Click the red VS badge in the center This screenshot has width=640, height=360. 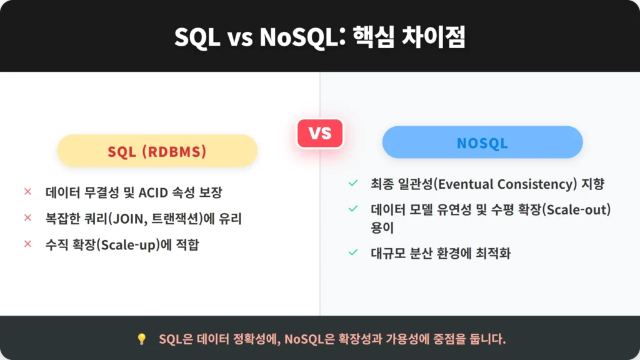pyautogui.click(x=320, y=133)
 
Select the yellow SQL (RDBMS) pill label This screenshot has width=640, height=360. pyautogui.click(x=157, y=151)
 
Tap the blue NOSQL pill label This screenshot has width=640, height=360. pyautogui.click(x=482, y=142)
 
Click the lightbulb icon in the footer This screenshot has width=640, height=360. pyautogui.click(x=142, y=339)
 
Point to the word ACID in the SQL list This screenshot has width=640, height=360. pyautogui.click(x=154, y=192)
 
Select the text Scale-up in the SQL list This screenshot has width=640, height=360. pyautogui.click(x=129, y=245)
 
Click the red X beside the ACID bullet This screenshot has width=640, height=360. pyautogui.click(x=27, y=191)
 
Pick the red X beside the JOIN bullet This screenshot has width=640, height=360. pyautogui.click(x=27, y=217)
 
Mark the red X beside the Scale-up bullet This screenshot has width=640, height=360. pyautogui.click(x=27, y=244)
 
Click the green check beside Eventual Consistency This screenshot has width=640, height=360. pyautogui.click(x=353, y=183)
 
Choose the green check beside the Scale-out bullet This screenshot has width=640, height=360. pyautogui.click(x=353, y=209)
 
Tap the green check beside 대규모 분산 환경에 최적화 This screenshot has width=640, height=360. pyautogui.click(x=353, y=252)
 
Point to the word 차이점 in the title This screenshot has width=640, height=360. pyautogui.click(x=434, y=37)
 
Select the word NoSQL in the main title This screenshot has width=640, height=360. pyautogui.click(x=297, y=37)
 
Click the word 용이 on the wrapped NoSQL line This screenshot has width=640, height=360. pyautogui.click(x=382, y=227)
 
